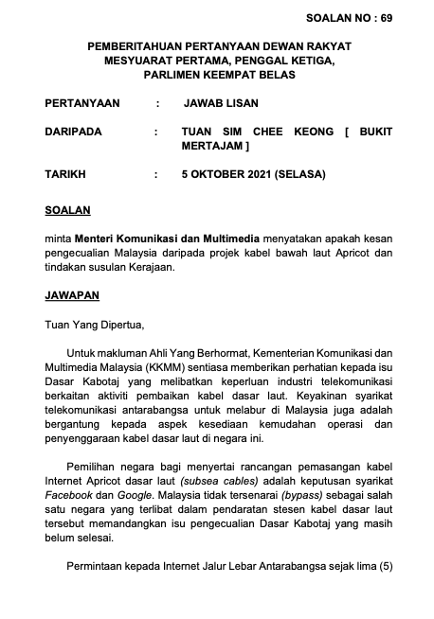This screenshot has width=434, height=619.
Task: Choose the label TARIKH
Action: (x=65, y=175)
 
